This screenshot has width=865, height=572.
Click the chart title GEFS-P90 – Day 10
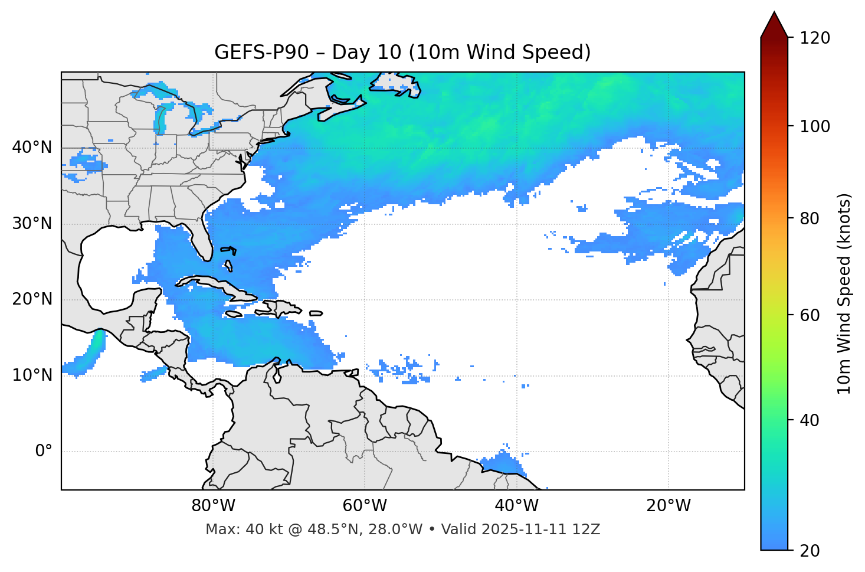pos(402,53)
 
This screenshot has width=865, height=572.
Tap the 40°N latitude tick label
pos(32,148)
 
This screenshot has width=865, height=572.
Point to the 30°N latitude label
pos(32,224)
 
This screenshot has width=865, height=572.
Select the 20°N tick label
pos(32,299)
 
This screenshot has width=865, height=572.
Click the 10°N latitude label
pos(32,375)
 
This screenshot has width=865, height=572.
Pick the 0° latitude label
pos(44,451)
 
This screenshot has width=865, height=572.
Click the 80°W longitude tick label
pos(213,506)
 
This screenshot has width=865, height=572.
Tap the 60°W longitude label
pos(365,506)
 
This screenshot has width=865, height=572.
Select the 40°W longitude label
pos(517,506)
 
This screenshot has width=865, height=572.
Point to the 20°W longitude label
pos(669,506)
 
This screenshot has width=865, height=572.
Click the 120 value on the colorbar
pos(815,38)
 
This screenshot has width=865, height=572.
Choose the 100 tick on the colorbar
pos(815,126)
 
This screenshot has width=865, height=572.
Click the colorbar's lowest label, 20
pos(810,550)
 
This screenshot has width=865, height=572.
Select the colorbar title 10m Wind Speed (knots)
pos(844,293)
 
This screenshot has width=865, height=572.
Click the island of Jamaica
pos(234,314)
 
